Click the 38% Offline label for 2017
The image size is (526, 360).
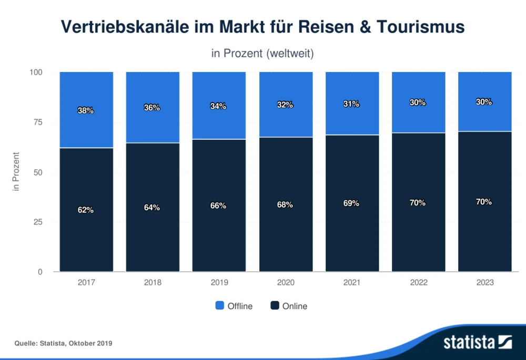click(x=86, y=110)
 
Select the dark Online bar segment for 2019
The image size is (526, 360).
click(x=219, y=236)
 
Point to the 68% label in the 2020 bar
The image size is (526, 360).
click(x=285, y=204)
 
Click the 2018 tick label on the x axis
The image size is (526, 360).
click(x=153, y=283)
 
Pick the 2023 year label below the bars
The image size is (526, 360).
click(x=485, y=283)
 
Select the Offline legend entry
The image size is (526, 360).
click(x=234, y=306)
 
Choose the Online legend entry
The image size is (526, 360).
click(x=289, y=306)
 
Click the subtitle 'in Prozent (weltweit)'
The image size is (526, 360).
click(x=262, y=54)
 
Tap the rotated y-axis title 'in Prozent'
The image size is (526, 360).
click(x=16, y=172)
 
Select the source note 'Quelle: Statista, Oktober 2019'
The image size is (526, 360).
click(x=64, y=343)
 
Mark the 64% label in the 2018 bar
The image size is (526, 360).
click(x=153, y=208)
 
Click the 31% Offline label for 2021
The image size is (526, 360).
click(x=352, y=104)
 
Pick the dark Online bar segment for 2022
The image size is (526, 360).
click(x=419, y=236)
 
